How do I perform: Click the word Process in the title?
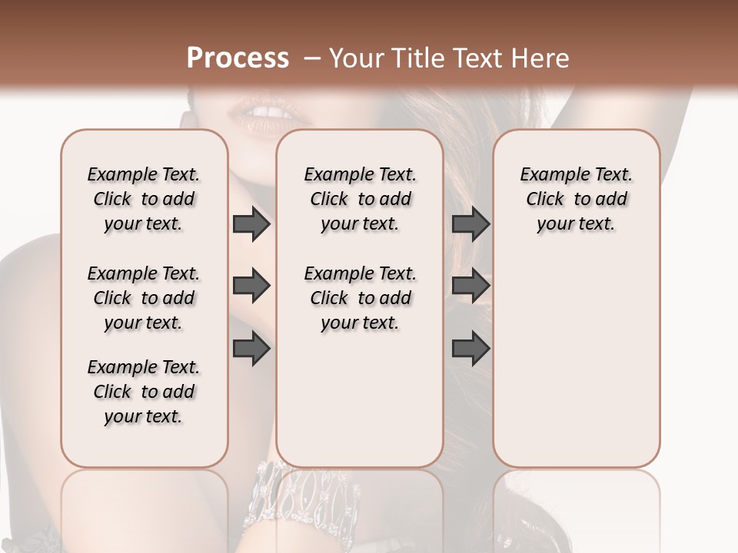pos(238,58)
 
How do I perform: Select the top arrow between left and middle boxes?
pos(251,224)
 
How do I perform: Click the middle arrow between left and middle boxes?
pos(251,286)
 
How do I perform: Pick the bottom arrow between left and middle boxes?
pos(251,349)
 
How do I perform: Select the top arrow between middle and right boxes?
pos(470,224)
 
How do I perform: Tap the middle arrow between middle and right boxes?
pos(470,286)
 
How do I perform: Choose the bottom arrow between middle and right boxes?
pos(470,349)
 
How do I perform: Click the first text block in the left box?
pos(144,199)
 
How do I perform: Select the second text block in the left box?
pos(144,298)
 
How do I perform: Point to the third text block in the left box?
pos(144,392)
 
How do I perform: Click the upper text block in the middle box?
pos(360,199)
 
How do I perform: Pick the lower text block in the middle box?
pos(360,298)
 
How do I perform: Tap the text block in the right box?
pos(576,199)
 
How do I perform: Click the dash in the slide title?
pos(311,58)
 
